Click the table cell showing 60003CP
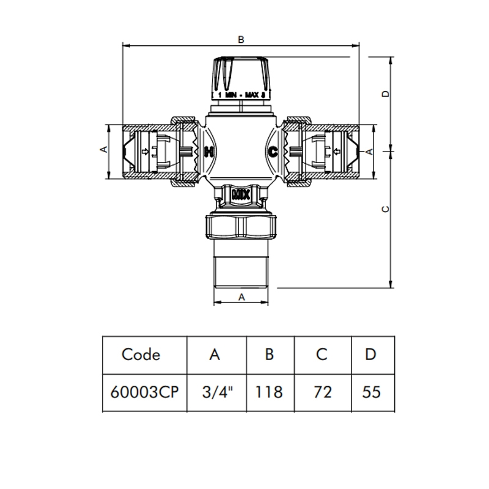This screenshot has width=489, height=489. pos(144,392)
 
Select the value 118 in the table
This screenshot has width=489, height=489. pos(269,392)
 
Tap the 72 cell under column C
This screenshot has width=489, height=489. pos(323,392)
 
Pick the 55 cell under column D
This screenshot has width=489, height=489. pos(372,392)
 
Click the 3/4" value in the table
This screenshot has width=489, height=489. pos(218,392)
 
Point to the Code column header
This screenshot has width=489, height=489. pos(141,355)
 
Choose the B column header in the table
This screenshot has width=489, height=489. pos(269,355)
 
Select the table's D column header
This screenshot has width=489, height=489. pos(370,355)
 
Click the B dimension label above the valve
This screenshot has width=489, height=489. pos(241,40)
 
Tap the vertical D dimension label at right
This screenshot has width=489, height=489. pos(386,94)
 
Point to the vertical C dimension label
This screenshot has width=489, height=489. pos(386,209)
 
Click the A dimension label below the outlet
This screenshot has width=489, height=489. pos(241,298)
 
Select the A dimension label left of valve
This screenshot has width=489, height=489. pos(104,149)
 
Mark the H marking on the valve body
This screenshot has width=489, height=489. pos(209,152)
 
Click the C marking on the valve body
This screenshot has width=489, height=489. pos(273,152)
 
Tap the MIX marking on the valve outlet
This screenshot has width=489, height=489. pos(241,196)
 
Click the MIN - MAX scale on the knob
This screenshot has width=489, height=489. pos(241,95)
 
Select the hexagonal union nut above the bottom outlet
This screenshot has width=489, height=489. pos(241,226)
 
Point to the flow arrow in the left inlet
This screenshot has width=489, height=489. pos(145,152)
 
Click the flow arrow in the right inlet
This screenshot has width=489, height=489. pos(337,152)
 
